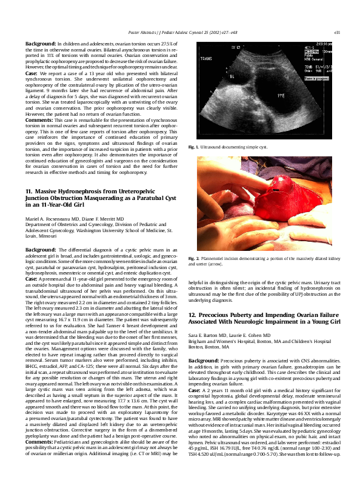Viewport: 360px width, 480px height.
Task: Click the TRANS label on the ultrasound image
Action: pyautogui.click(x=207, y=59)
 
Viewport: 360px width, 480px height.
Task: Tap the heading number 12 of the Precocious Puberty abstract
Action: pyautogui.click(x=192, y=316)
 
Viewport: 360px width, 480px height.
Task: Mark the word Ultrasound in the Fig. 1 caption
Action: pyautogui.click(x=216, y=147)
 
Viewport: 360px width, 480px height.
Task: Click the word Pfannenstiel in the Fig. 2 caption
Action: pyautogui.click(x=217, y=259)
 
